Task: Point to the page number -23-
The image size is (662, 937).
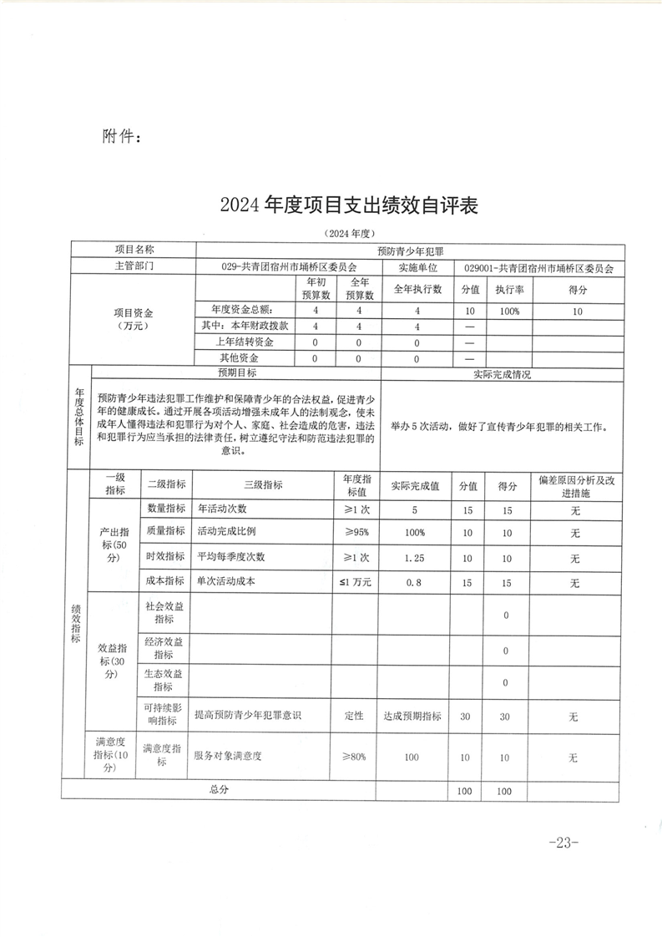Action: click(x=564, y=843)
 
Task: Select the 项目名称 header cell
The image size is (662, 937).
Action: click(x=134, y=250)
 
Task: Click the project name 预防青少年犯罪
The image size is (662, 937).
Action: click(x=411, y=250)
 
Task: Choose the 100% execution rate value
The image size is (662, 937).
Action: click(x=508, y=311)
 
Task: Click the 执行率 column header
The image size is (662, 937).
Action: click(x=508, y=290)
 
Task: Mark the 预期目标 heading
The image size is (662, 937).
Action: click(x=236, y=373)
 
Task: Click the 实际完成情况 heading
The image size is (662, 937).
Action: click(x=501, y=373)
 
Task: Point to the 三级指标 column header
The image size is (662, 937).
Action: click(x=263, y=484)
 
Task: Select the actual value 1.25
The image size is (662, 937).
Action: click(x=411, y=558)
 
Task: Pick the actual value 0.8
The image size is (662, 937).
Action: click(x=411, y=582)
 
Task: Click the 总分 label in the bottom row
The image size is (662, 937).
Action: click(x=219, y=789)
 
